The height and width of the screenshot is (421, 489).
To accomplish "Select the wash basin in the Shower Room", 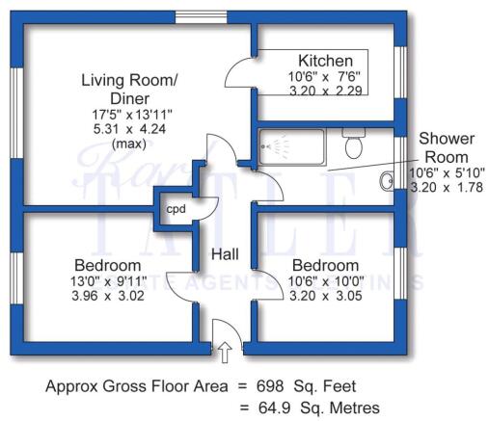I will (388, 179).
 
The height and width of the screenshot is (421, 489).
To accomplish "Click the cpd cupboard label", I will (176, 207).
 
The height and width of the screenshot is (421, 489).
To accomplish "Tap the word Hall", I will (227, 256).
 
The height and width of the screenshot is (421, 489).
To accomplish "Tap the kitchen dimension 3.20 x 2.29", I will (319, 90).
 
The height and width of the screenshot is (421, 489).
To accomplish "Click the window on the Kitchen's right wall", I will (400, 72).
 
